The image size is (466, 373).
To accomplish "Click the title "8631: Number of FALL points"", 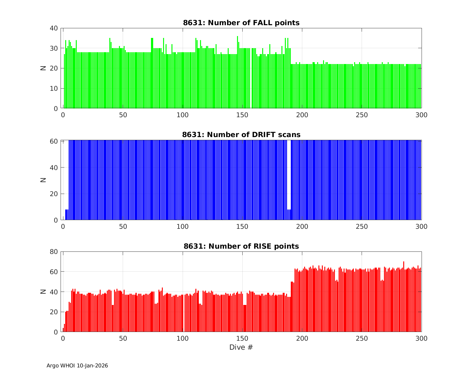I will click(241, 23).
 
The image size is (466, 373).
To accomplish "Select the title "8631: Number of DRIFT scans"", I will click(241, 135).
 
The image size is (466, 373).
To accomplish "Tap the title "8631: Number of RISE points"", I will click(241, 246).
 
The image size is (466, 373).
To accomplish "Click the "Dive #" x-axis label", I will click(241, 347).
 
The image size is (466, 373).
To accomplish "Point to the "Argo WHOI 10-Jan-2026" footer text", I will click(77, 366).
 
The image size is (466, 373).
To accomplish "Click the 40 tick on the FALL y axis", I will click(54, 28).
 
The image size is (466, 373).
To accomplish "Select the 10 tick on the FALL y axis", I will click(54, 89).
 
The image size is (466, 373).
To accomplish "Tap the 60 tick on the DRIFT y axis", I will click(54, 141).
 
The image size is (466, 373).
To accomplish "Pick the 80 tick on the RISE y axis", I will click(54, 252).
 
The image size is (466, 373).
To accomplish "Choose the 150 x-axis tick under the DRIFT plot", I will click(242, 227).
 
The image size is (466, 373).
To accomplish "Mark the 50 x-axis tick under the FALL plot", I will click(123, 115).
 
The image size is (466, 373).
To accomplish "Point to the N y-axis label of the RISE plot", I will click(43, 292).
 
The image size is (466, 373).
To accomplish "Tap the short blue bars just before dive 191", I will click(289, 215).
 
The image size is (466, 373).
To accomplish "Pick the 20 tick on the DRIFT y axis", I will click(54, 194).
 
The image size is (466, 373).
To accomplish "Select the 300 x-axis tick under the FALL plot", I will click(421, 115).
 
